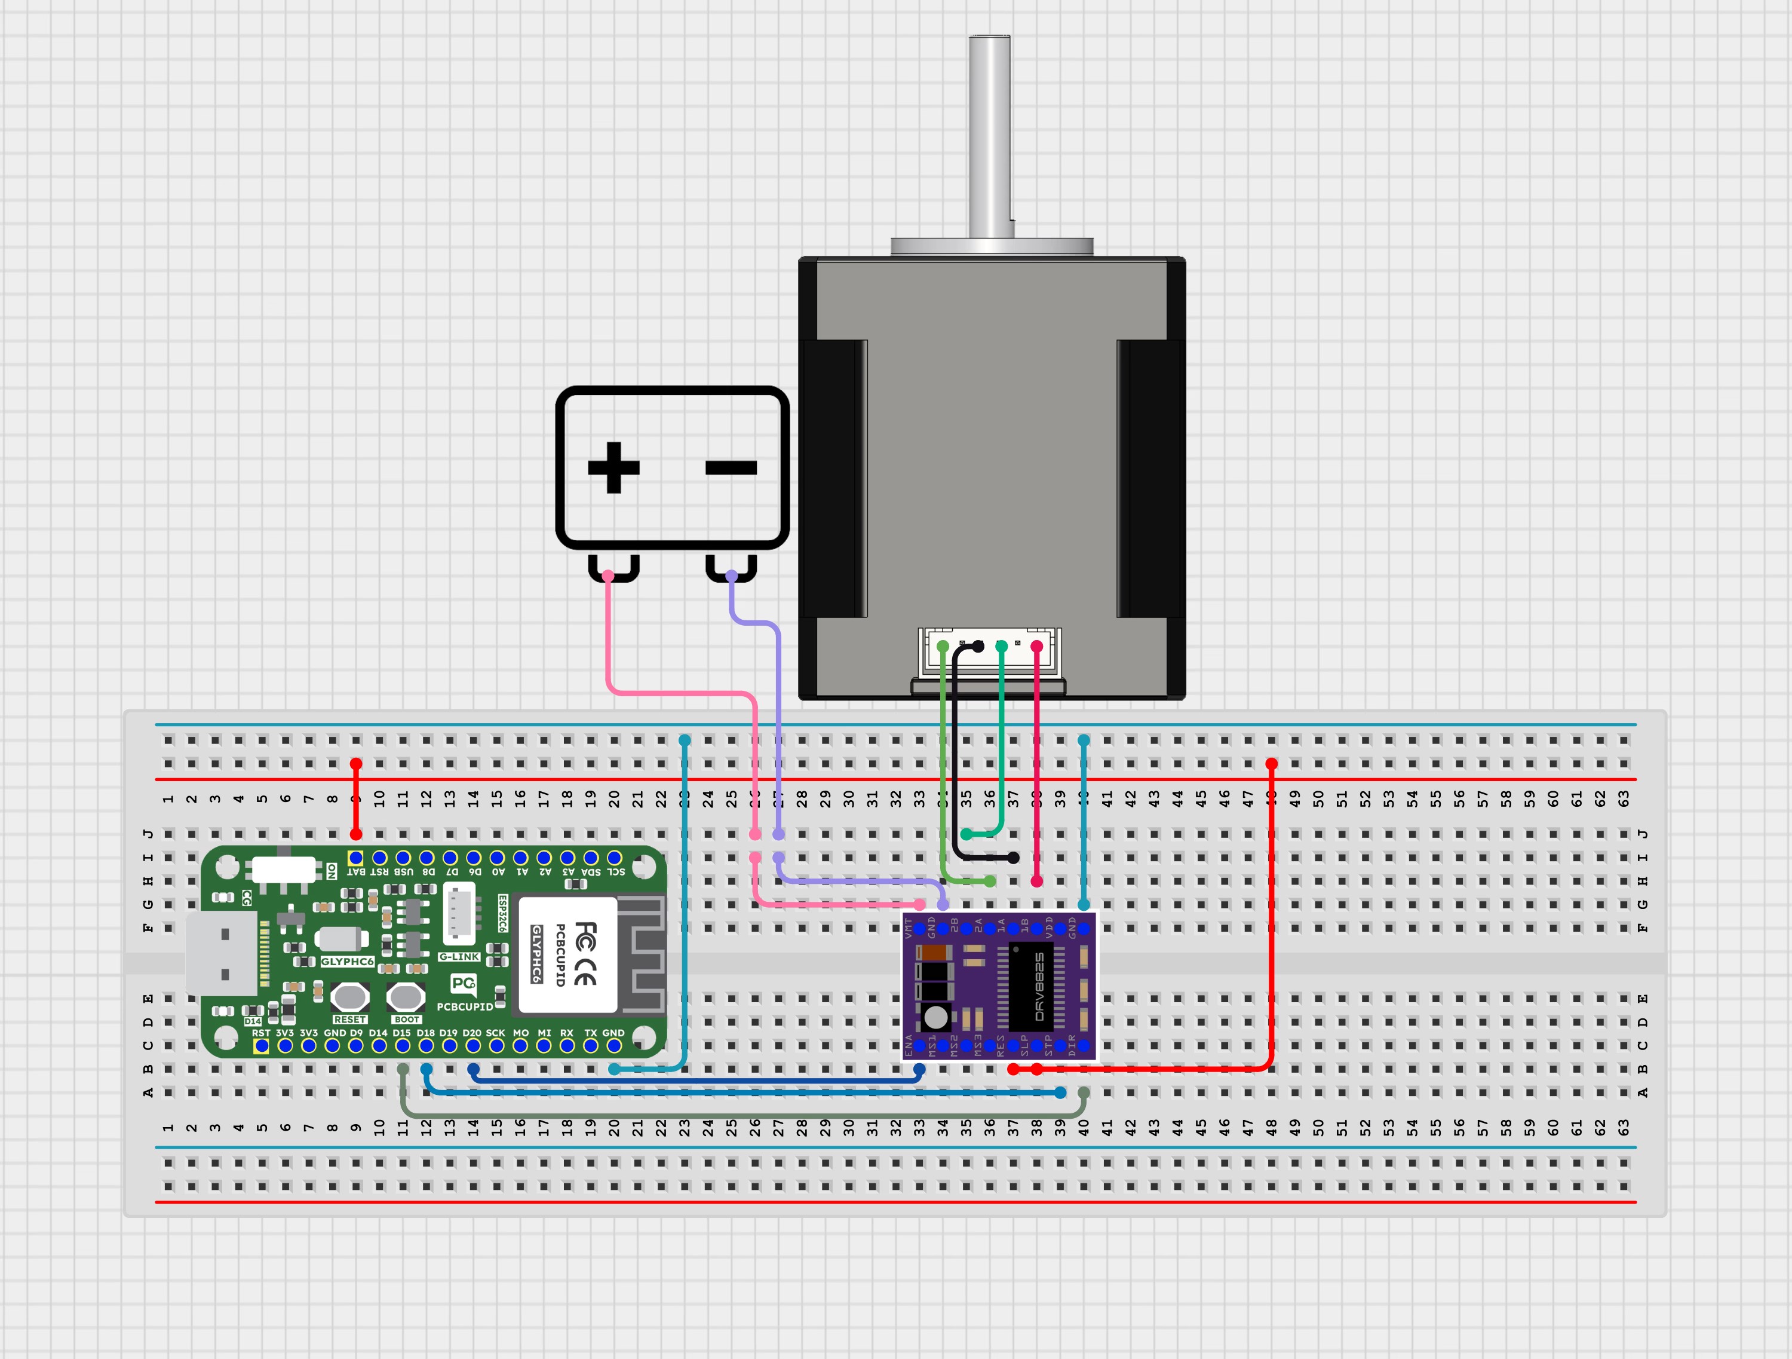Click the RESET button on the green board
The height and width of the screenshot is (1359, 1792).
click(350, 996)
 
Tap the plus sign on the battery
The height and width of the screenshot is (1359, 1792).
click(613, 467)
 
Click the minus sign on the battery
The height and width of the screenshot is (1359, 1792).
click(731, 467)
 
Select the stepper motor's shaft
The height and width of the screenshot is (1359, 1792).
click(989, 138)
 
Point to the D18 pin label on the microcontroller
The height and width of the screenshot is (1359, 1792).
click(425, 1033)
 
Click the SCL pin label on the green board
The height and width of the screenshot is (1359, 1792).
click(616, 872)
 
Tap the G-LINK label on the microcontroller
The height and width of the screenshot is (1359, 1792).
click(459, 957)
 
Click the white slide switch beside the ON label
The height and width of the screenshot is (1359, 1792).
click(284, 870)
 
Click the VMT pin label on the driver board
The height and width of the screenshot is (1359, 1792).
click(909, 929)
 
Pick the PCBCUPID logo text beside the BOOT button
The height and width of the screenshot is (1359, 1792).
click(464, 1006)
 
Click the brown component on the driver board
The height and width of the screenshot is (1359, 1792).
click(935, 953)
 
